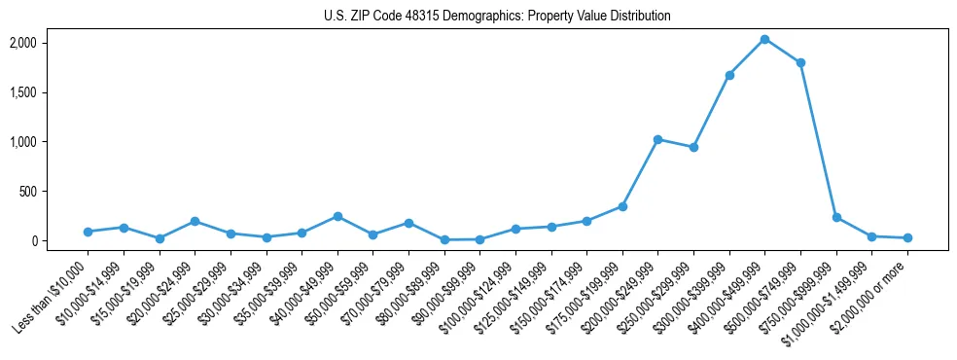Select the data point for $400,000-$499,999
click(x=764, y=39)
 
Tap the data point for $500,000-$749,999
click(x=800, y=63)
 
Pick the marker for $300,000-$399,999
click(x=729, y=75)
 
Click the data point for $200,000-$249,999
click(x=657, y=139)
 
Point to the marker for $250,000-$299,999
click(x=693, y=147)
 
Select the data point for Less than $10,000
click(x=88, y=232)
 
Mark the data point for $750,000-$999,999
click(x=836, y=217)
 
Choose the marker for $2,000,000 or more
click(x=907, y=237)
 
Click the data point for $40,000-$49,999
click(x=337, y=216)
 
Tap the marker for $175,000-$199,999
click(x=622, y=206)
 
